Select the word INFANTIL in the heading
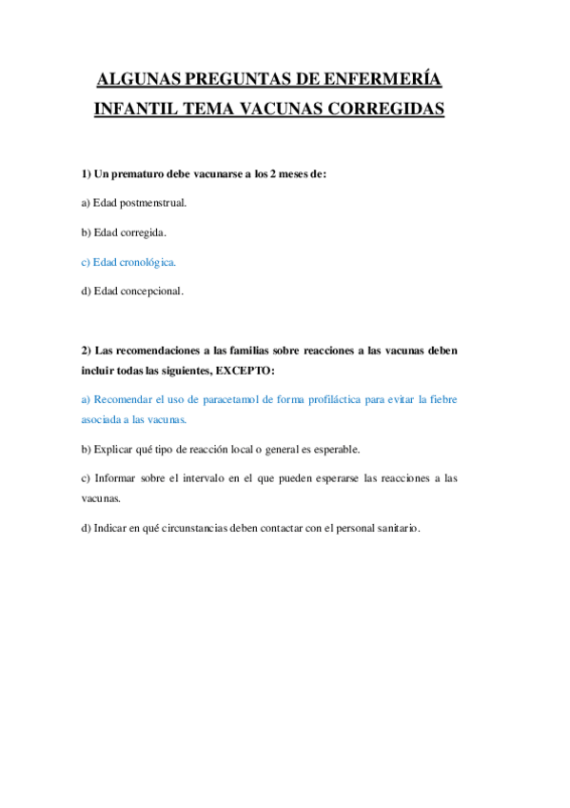click(131, 110)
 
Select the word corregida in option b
click(144, 232)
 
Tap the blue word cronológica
click(147, 262)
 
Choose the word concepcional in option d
click(152, 292)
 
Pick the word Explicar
click(114, 449)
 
